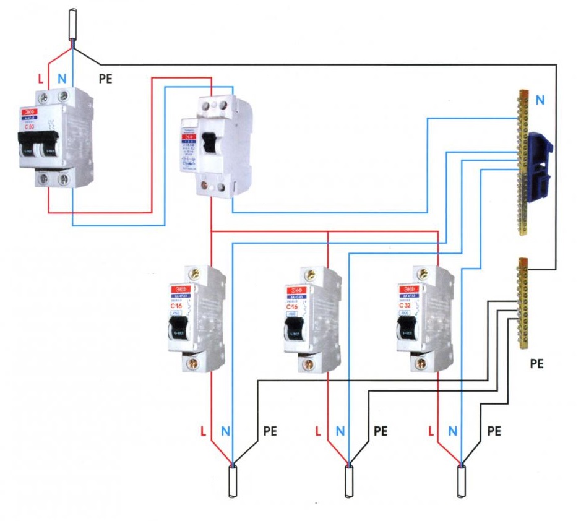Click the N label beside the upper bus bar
[540, 100]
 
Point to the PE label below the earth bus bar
[536, 364]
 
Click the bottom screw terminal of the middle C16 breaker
[306, 365]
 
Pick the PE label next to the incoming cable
[106, 79]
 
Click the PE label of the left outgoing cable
[270, 430]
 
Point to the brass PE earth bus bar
[523, 303]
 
